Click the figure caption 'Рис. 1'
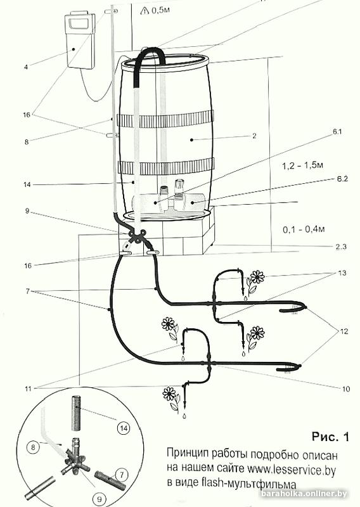click(x=331, y=437)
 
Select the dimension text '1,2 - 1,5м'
click(x=302, y=165)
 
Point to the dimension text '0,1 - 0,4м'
click(x=304, y=229)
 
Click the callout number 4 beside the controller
click(x=26, y=67)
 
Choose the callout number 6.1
click(x=337, y=132)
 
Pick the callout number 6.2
click(x=342, y=179)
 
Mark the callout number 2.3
click(x=340, y=247)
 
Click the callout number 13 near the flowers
click(x=342, y=273)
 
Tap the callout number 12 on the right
click(x=344, y=331)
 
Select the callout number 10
click(x=346, y=388)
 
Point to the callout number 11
click(x=28, y=388)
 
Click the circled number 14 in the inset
click(x=123, y=428)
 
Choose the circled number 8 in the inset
click(x=33, y=448)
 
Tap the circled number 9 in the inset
click(x=100, y=499)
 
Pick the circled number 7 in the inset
click(x=122, y=475)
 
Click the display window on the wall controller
click(x=79, y=23)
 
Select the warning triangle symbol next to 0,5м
click(x=145, y=11)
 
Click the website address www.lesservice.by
click(x=292, y=470)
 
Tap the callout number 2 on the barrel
click(x=254, y=136)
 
